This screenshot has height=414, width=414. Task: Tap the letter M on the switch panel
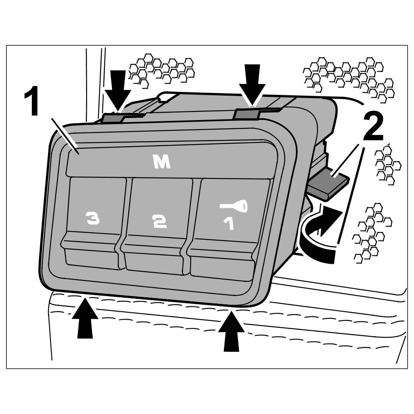161,163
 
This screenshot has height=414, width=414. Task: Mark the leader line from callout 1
66,135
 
